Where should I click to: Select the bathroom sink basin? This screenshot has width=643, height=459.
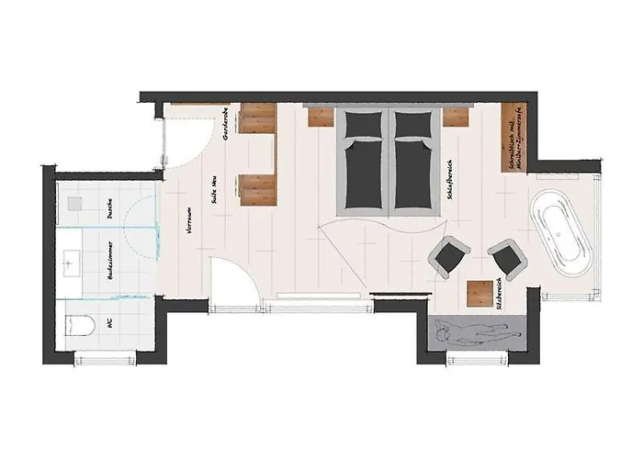click(x=73, y=262)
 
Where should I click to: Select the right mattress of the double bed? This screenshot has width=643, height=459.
click(x=413, y=161)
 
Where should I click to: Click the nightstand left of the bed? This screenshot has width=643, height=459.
click(x=319, y=116)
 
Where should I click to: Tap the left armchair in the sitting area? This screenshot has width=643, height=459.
click(x=450, y=255)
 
